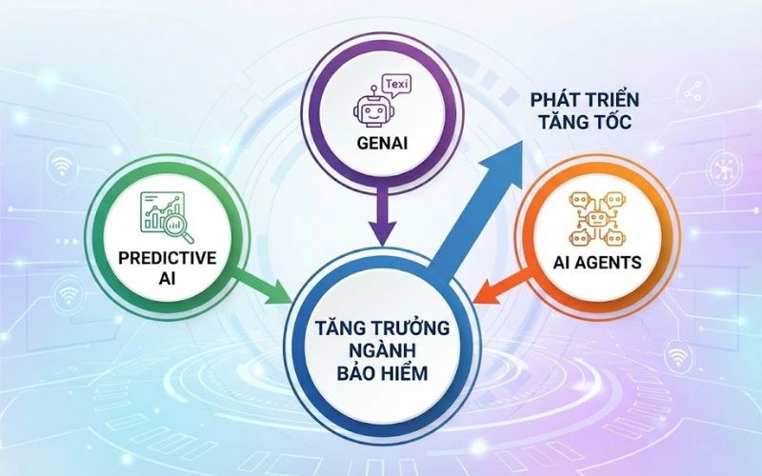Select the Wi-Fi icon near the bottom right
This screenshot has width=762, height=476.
tap(678, 357)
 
